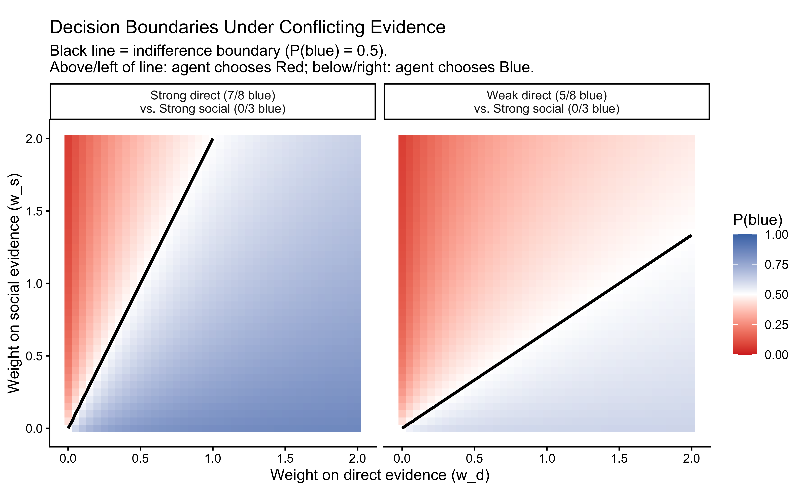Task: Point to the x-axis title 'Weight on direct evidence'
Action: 380,475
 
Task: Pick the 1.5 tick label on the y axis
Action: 34,211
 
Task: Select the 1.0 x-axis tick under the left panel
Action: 213,459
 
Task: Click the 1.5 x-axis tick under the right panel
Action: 619,459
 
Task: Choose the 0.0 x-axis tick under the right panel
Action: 402,459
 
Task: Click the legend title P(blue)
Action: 757,220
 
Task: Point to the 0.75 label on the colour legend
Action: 776,265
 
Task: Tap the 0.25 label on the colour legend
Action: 776,325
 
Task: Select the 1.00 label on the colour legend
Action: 776,235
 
